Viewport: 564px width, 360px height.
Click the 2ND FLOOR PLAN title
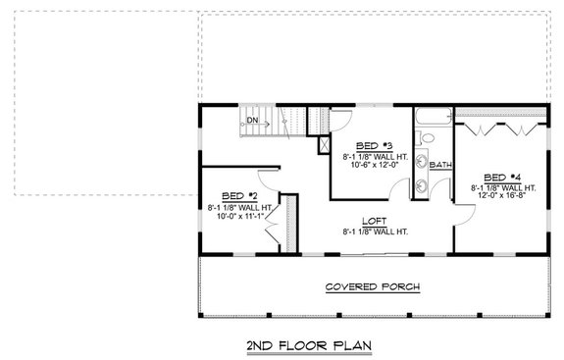(x=282, y=346)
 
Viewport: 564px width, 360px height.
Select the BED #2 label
(x=238, y=195)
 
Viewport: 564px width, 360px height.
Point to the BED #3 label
(x=367, y=145)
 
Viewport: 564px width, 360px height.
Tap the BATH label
(x=439, y=165)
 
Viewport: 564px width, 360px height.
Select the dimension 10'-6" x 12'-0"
(x=367, y=166)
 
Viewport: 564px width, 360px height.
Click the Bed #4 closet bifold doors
(x=500, y=128)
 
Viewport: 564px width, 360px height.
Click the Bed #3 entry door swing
(x=343, y=124)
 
